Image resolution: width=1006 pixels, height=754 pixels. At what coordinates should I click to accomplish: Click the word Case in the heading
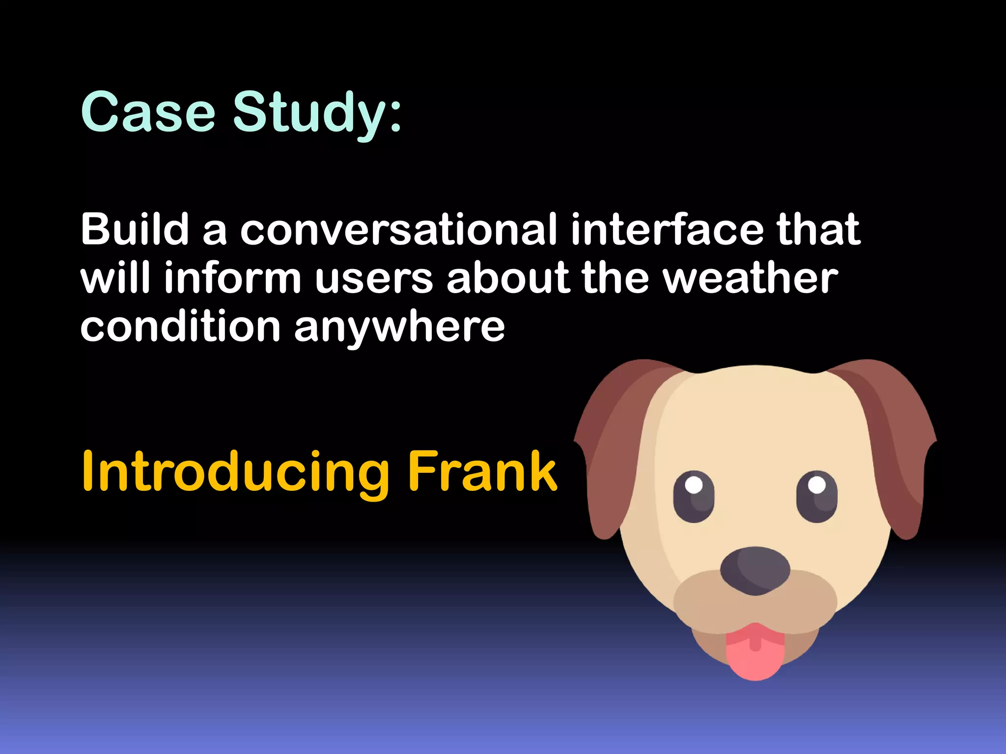148,112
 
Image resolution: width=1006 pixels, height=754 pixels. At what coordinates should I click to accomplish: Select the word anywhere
399,327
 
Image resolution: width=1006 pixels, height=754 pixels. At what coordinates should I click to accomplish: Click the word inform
232,278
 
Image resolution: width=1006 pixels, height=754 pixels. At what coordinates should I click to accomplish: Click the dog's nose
755,570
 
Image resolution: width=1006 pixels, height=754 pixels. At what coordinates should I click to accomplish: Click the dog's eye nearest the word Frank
694,496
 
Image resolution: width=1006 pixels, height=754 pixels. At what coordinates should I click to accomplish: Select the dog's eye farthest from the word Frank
817,496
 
